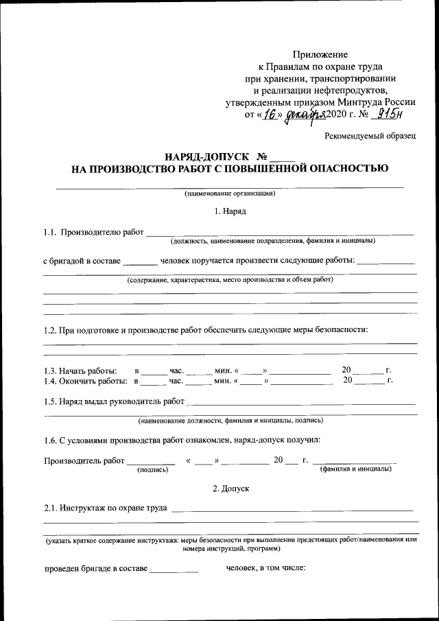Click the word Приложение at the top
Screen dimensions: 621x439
(320, 54)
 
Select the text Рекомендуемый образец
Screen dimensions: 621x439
(370, 137)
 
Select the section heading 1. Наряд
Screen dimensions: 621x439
(230, 211)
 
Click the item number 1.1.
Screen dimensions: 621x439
(49, 233)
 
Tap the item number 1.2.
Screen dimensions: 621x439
(49, 329)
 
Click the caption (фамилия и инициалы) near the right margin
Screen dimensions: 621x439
(355, 469)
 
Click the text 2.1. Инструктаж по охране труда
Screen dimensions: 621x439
(106, 508)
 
